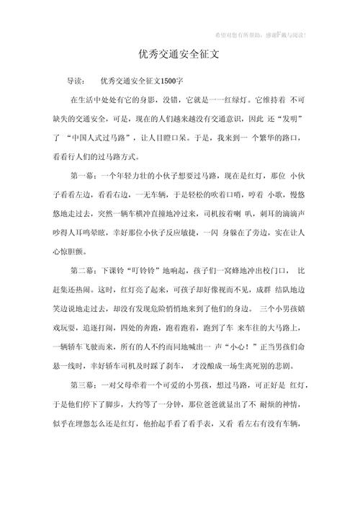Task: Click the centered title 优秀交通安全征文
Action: tap(180, 54)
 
